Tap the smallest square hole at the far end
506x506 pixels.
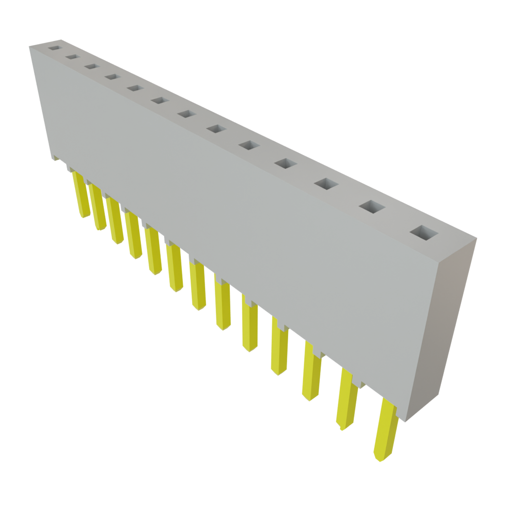click(x=53, y=48)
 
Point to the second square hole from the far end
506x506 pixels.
click(x=72, y=57)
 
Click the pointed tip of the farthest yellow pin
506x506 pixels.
click(x=84, y=216)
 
